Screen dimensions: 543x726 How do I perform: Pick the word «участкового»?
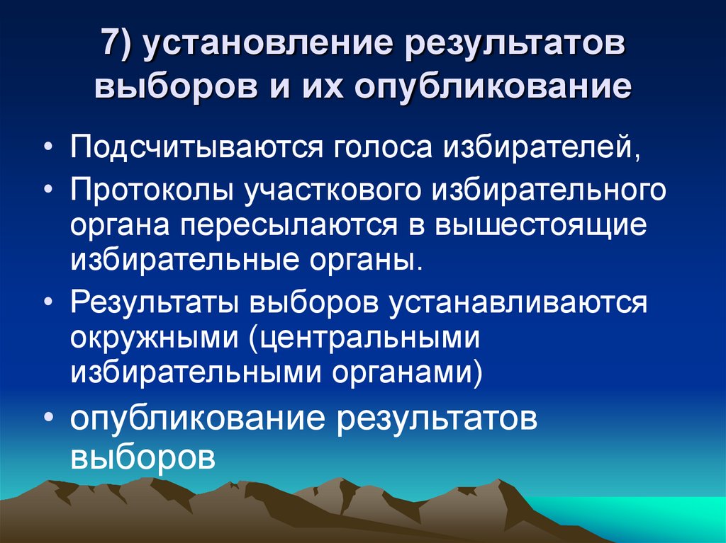[x=343, y=190]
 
